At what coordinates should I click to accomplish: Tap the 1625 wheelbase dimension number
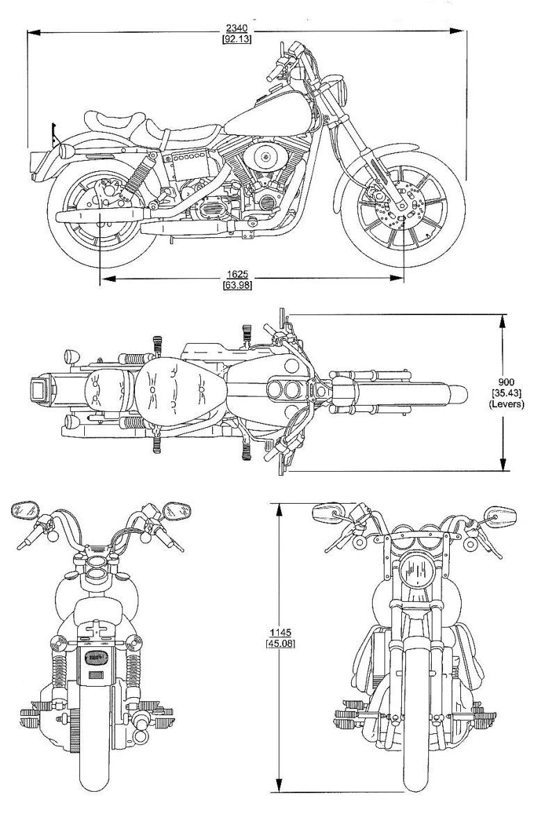[x=236, y=274]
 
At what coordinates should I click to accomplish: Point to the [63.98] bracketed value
[x=236, y=285]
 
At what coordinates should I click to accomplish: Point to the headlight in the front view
[x=416, y=572]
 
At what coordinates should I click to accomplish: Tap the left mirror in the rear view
[x=25, y=512]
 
